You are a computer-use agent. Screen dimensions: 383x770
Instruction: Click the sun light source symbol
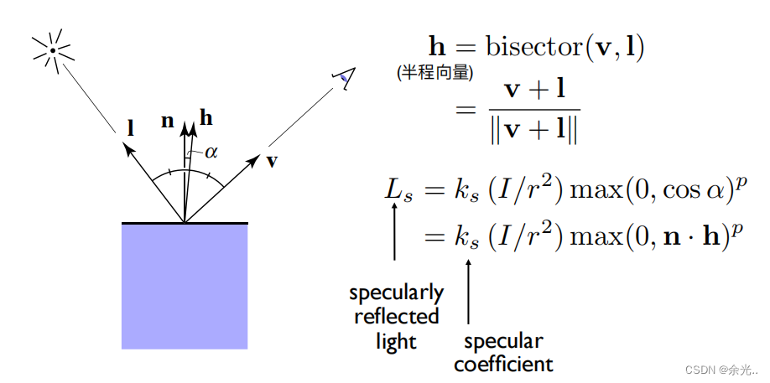(53, 50)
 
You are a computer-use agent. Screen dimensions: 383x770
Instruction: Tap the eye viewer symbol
(343, 78)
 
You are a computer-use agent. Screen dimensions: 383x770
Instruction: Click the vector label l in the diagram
(131, 129)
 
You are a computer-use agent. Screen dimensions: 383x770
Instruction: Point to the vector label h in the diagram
(206, 118)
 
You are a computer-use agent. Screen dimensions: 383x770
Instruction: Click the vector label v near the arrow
(272, 161)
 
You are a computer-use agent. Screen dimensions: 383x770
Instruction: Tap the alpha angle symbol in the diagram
(211, 152)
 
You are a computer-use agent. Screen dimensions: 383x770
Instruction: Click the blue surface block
(185, 286)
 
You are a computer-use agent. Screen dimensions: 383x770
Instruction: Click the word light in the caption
(396, 342)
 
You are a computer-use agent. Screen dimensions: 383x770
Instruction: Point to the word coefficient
(503, 365)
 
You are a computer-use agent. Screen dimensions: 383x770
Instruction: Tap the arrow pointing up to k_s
(468, 289)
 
